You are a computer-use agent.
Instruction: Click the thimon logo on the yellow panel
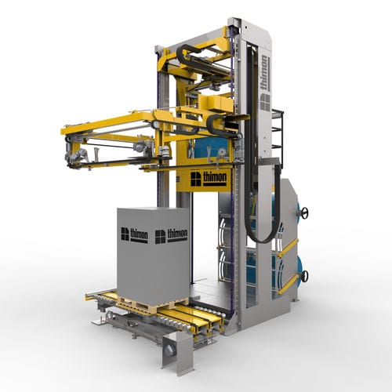pyautogui.click(x=209, y=179)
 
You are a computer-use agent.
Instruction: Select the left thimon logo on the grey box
pyautogui.click(x=134, y=235)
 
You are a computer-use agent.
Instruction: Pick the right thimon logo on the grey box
pyautogui.click(x=171, y=236)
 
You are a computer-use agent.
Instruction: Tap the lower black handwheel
pyautogui.click(x=305, y=275)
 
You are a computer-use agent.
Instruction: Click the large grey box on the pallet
pyautogui.click(x=153, y=253)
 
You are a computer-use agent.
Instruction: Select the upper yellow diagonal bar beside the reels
pyautogui.click(x=288, y=248)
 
